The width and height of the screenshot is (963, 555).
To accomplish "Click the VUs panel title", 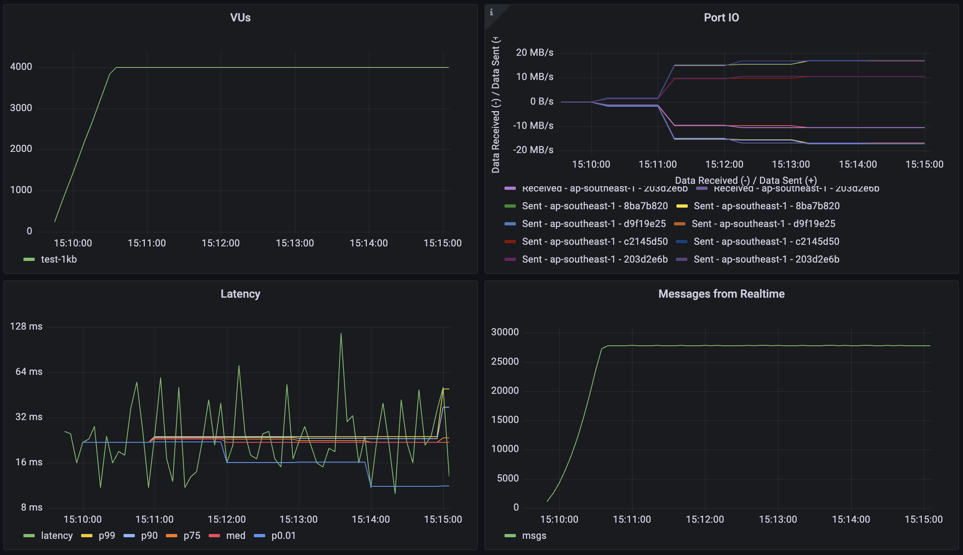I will coord(240,18).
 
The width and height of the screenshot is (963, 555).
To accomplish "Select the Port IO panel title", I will coord(721,18).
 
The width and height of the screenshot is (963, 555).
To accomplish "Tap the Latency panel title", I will coord(240,294).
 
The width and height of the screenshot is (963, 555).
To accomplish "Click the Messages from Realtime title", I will coord(721,294).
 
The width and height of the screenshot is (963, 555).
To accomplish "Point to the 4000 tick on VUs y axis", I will coord(21,67).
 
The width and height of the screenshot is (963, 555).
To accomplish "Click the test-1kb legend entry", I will coord(59,259).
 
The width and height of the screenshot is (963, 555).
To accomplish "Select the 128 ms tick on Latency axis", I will coord(26,326).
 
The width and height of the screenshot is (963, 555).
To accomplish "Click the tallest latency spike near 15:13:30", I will coord(341,334).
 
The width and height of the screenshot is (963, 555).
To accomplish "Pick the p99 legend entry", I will coord(107,536).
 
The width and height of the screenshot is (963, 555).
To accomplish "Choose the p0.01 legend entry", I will coord(283,536).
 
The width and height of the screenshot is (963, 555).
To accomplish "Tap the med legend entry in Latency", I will coord(235,536).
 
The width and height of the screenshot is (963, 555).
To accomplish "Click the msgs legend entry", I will coord(534,536).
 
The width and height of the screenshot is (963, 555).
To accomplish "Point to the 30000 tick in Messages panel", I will coord(505,332).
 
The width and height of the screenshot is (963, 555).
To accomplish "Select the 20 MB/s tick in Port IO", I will coord(534,53).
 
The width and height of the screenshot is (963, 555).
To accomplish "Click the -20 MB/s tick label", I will coord(533,150).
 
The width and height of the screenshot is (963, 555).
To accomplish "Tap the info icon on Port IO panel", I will coord(491,12).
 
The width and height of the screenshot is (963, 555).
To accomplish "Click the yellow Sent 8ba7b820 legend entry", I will coord(766,206).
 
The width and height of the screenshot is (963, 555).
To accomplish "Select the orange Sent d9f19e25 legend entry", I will coord(763,224).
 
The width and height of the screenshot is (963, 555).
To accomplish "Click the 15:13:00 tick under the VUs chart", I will coord(295,243).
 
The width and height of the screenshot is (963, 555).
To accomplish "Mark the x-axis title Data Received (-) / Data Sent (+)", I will coord(745,180).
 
